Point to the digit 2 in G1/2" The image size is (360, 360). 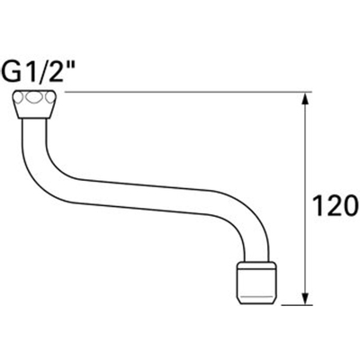point(62,70)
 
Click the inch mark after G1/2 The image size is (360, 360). point(75,64)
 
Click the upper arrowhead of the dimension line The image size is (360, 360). point(306,100)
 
